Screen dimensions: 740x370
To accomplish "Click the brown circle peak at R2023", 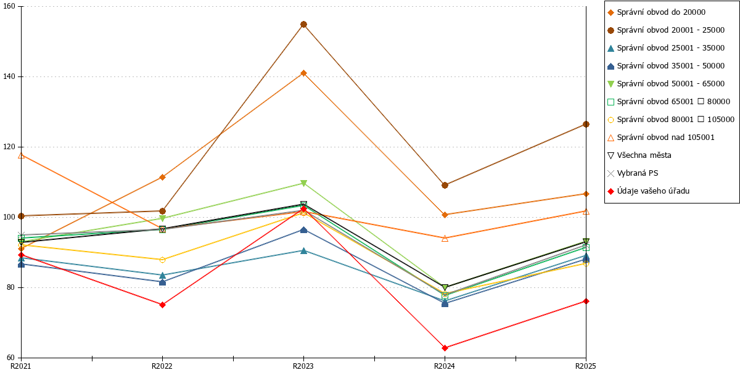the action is (303, 25).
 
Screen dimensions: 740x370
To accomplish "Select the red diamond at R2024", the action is (445, 348).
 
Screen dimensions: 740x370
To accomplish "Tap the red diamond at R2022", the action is (162, 305).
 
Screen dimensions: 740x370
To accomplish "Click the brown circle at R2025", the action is (586, 124).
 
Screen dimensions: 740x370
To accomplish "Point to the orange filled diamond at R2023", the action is (303, 73).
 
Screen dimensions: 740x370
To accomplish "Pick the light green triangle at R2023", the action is (303, 183).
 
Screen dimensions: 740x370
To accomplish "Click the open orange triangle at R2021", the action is (21, 155).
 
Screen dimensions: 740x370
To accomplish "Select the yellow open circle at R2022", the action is (162, 260).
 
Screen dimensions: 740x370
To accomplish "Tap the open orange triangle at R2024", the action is (445, 238).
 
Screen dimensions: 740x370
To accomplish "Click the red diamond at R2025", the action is (586, 301).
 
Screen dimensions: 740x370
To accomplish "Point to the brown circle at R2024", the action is (445, 186).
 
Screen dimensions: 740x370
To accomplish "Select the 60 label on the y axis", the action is (10, 358).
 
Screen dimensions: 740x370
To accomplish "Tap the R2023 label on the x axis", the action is (303, 366).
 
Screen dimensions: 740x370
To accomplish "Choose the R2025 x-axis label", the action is (585, 366).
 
